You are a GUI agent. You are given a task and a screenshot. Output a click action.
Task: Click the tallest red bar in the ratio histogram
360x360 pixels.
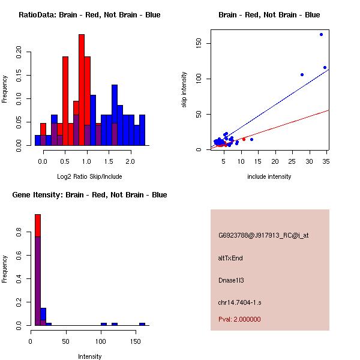pos(82,90)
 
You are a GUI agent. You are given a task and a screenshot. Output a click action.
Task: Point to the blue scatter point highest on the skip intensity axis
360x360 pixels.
pos(321,35)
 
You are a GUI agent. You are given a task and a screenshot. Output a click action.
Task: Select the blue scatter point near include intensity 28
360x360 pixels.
pos(302,74)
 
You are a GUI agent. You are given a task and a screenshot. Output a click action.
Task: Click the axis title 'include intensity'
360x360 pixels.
pos(269,176)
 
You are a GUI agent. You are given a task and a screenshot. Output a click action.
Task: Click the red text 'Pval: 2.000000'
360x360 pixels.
pos(239,319)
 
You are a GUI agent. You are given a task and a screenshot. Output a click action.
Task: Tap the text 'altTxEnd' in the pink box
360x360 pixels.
pos(230,258)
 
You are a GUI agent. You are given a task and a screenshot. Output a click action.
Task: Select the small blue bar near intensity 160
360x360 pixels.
pos(142,324)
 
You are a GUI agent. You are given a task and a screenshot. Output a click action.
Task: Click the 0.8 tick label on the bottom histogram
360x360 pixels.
pos(19,235)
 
